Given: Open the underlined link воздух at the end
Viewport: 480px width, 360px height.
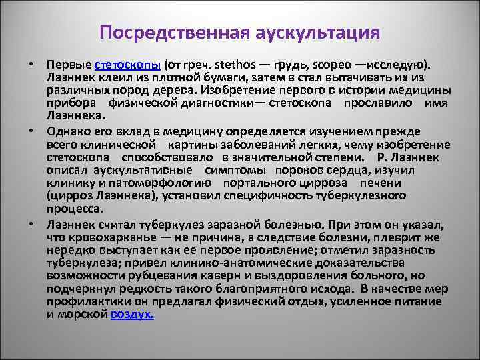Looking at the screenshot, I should [x=132, y=314].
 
